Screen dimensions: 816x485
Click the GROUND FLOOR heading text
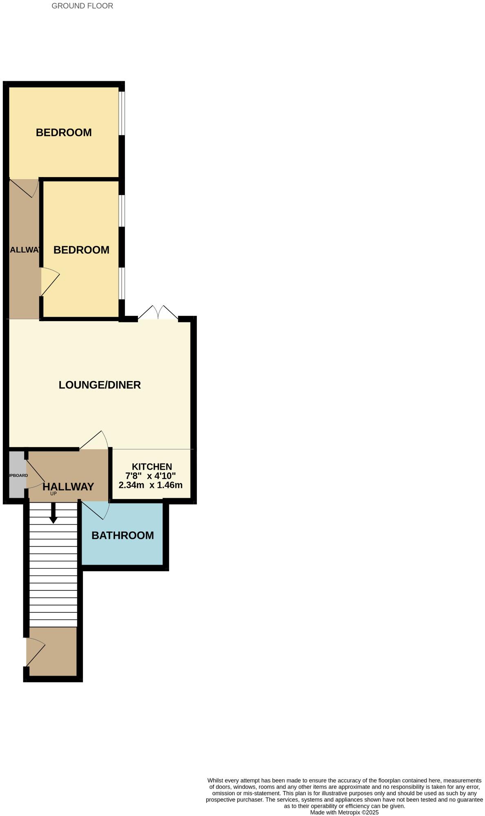pyautogui.click(x=82, y=6)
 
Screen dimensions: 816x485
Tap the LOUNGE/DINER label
pyautogui.click(x=100, y=385)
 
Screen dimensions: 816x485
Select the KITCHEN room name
pyautogui.click(x=151, y=466)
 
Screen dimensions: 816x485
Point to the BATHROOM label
pyautogui.click(x=122, y=535)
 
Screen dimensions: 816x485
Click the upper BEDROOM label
pyautogui.click(x=64, y=132)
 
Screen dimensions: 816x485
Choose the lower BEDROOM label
pyautogui.click(x=81, y=250)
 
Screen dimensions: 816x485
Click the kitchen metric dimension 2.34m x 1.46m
pyautogui.click(x=150, y=485)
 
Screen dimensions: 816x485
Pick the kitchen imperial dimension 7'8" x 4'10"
pyautogui.click(x=150, y=476)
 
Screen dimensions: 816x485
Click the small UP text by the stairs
pyautogui.click(x=53, y=494)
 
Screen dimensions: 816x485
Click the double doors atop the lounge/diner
pyautogui.click(x=158, y=313)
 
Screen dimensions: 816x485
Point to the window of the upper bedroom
pyautogui.click(x=122, y=113)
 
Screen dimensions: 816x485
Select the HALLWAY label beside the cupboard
pyautogui.click(x=68, y=486)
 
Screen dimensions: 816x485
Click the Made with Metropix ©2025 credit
pyautogui.click(x=344, y=812)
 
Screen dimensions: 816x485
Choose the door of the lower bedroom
pyautogui.click(x=50, y=281)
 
